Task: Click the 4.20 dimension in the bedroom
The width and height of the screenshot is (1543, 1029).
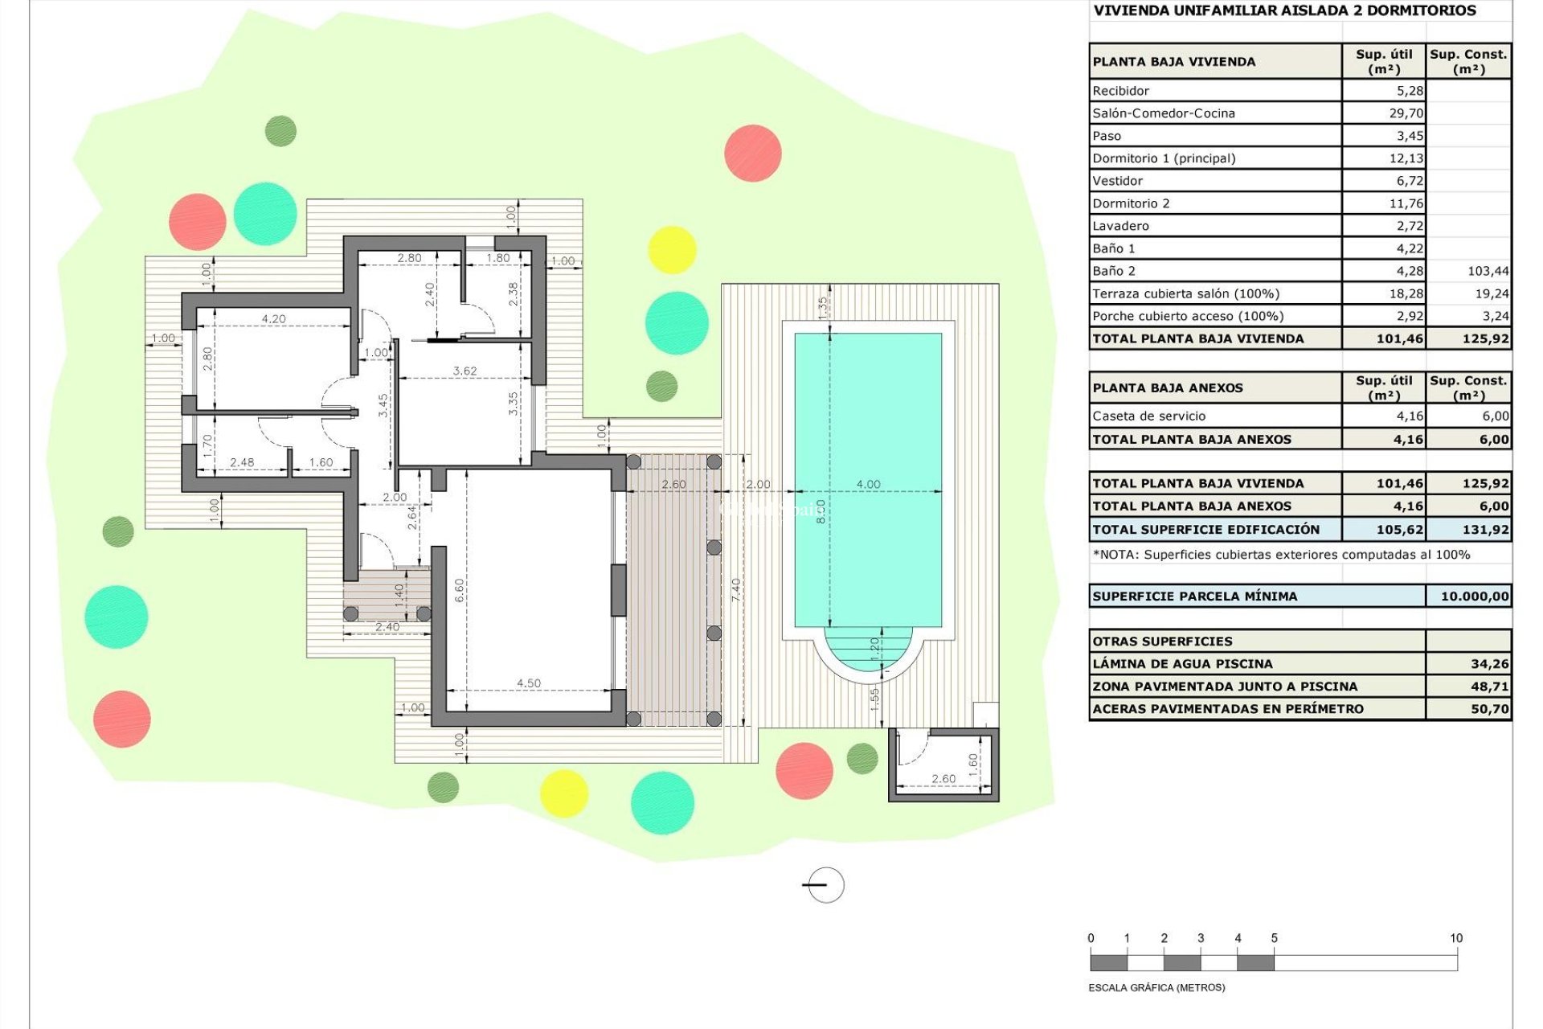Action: coord(273,319)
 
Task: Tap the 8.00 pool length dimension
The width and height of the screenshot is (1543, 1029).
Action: coord(820,511)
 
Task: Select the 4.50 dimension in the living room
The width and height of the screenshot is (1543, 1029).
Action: coord(528,683)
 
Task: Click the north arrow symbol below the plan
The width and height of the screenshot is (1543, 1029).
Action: coord(824,885)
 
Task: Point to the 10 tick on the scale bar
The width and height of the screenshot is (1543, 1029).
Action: coord(1456,938)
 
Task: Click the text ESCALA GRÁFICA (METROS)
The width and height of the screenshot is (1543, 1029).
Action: coord(1156,987)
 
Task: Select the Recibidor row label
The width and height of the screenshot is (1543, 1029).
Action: coord(1120,91)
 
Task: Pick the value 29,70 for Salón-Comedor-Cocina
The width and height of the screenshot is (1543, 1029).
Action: coord(1406,113)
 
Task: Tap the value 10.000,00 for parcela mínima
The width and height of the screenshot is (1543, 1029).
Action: coord(1474,596)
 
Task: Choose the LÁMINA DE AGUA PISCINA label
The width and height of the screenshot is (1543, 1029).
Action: coord(1182,664)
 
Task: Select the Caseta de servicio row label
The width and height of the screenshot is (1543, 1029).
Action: coord(1148,416)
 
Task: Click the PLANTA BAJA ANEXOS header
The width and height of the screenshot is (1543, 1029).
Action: coord(1167,388)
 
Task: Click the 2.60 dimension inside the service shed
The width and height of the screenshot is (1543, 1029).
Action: coord(943,779)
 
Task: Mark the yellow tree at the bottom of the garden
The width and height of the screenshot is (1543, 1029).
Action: coord(563,793)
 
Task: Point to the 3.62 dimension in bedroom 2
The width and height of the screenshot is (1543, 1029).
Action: coord(465,371)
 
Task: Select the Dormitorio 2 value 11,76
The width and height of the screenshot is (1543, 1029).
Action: coord(1406,203)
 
